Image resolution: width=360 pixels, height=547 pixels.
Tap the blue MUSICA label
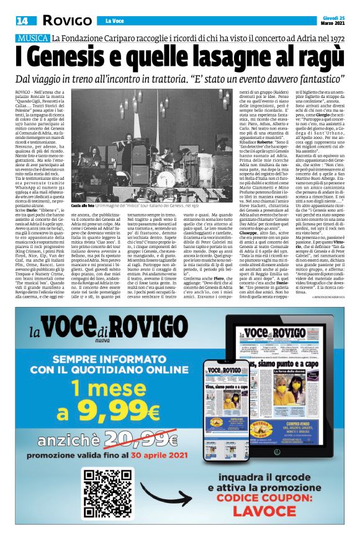coord(33,39)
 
